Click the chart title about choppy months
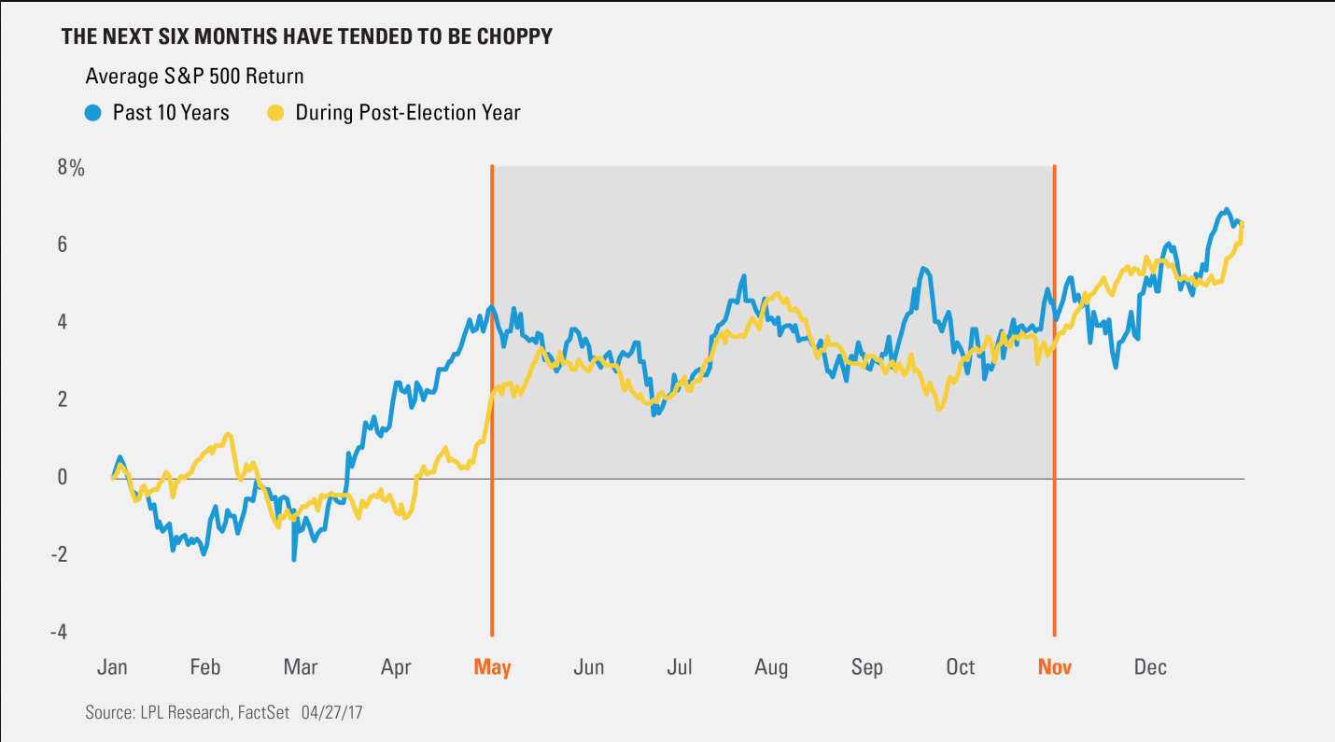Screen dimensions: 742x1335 point(306,36)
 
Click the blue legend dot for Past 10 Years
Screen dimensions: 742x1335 point(92,113)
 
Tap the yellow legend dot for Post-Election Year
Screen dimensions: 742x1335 point(275,113)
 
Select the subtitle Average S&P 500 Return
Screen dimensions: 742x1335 point(194,76)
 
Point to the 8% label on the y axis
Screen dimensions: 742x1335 point(70,169)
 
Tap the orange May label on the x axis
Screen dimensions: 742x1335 point(492,667)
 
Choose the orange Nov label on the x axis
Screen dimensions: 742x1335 point(1055,667)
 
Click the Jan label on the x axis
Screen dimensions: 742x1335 point(112,667)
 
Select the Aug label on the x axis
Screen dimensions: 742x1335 point(771,667)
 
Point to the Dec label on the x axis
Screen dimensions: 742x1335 point(1150,667)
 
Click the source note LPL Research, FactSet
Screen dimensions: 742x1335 point(188,712)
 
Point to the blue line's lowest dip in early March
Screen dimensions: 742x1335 point(294,559)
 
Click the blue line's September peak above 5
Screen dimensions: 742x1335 point(922,269)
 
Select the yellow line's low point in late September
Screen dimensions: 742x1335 point(938,409)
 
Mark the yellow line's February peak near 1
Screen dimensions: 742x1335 point(228,434)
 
